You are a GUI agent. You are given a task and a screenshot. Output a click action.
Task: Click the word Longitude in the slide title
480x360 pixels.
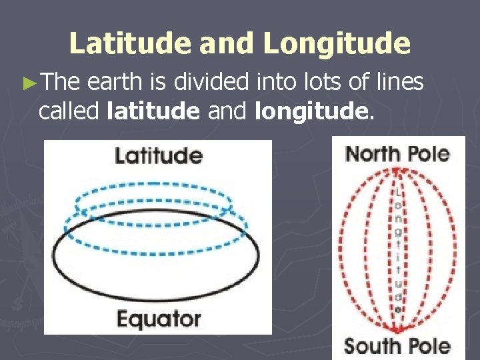(x=337, y=44)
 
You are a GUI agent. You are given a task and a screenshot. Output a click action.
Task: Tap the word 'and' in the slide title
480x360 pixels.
(x=225, y=44)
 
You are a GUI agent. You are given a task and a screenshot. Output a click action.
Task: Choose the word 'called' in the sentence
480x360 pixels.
(x=69, y=111)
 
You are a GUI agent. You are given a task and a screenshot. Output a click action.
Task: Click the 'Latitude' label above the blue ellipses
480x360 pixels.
(x=159, y=157)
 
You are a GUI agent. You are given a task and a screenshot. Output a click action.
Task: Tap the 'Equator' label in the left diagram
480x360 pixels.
(x=159, y=319)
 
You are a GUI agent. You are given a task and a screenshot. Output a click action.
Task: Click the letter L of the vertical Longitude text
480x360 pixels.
(x=398, y=192)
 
